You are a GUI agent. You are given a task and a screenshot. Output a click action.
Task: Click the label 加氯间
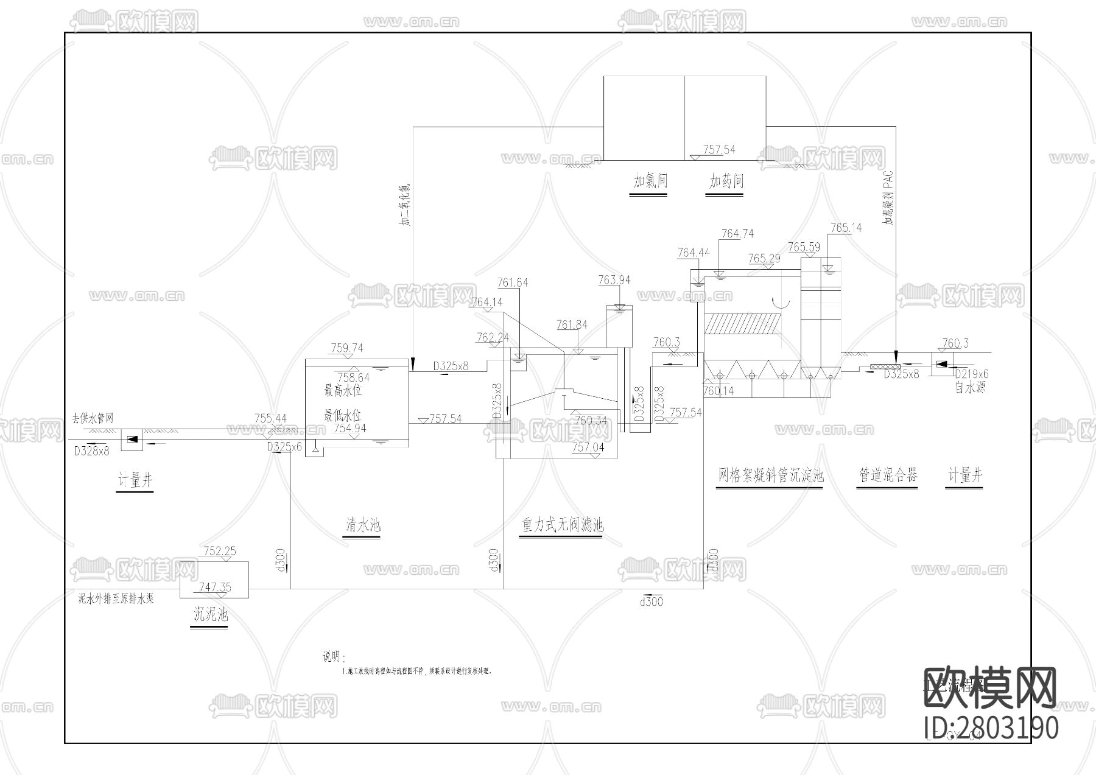tap(650, 181)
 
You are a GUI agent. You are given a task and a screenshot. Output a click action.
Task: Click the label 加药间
tap(726, 181)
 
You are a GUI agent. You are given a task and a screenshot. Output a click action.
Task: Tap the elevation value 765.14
tap(846, 228)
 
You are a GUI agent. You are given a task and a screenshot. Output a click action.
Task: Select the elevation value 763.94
tap(614, 280)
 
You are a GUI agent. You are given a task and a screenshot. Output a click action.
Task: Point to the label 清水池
tap(363, 525)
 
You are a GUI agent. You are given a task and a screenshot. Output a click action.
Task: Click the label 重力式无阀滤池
tap(562, 525)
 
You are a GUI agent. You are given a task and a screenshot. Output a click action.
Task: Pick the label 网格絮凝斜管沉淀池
tap(770, 475)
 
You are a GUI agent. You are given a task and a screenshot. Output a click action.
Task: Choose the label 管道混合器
tap(888, 475)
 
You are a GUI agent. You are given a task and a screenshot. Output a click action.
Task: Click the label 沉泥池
tap(210, 614)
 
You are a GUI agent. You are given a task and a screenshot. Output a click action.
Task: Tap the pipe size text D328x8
tap(91, 451)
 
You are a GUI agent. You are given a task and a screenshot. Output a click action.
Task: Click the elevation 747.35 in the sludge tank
tap(215, 587)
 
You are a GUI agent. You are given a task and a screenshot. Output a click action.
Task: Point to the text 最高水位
tap(342, 390)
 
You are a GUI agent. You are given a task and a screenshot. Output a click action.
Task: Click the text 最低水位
tap(342, 416)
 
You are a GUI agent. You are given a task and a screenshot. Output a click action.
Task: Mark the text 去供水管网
tap(93, 418)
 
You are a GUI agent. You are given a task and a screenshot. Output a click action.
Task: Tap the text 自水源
tap(970, 387)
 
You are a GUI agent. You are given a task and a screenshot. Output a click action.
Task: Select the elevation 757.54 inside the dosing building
tap(719, 149)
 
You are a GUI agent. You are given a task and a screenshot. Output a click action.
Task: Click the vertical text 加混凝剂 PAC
tap(888, 198)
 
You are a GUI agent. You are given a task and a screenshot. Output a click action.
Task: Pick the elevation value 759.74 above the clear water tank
tap(347, 348)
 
